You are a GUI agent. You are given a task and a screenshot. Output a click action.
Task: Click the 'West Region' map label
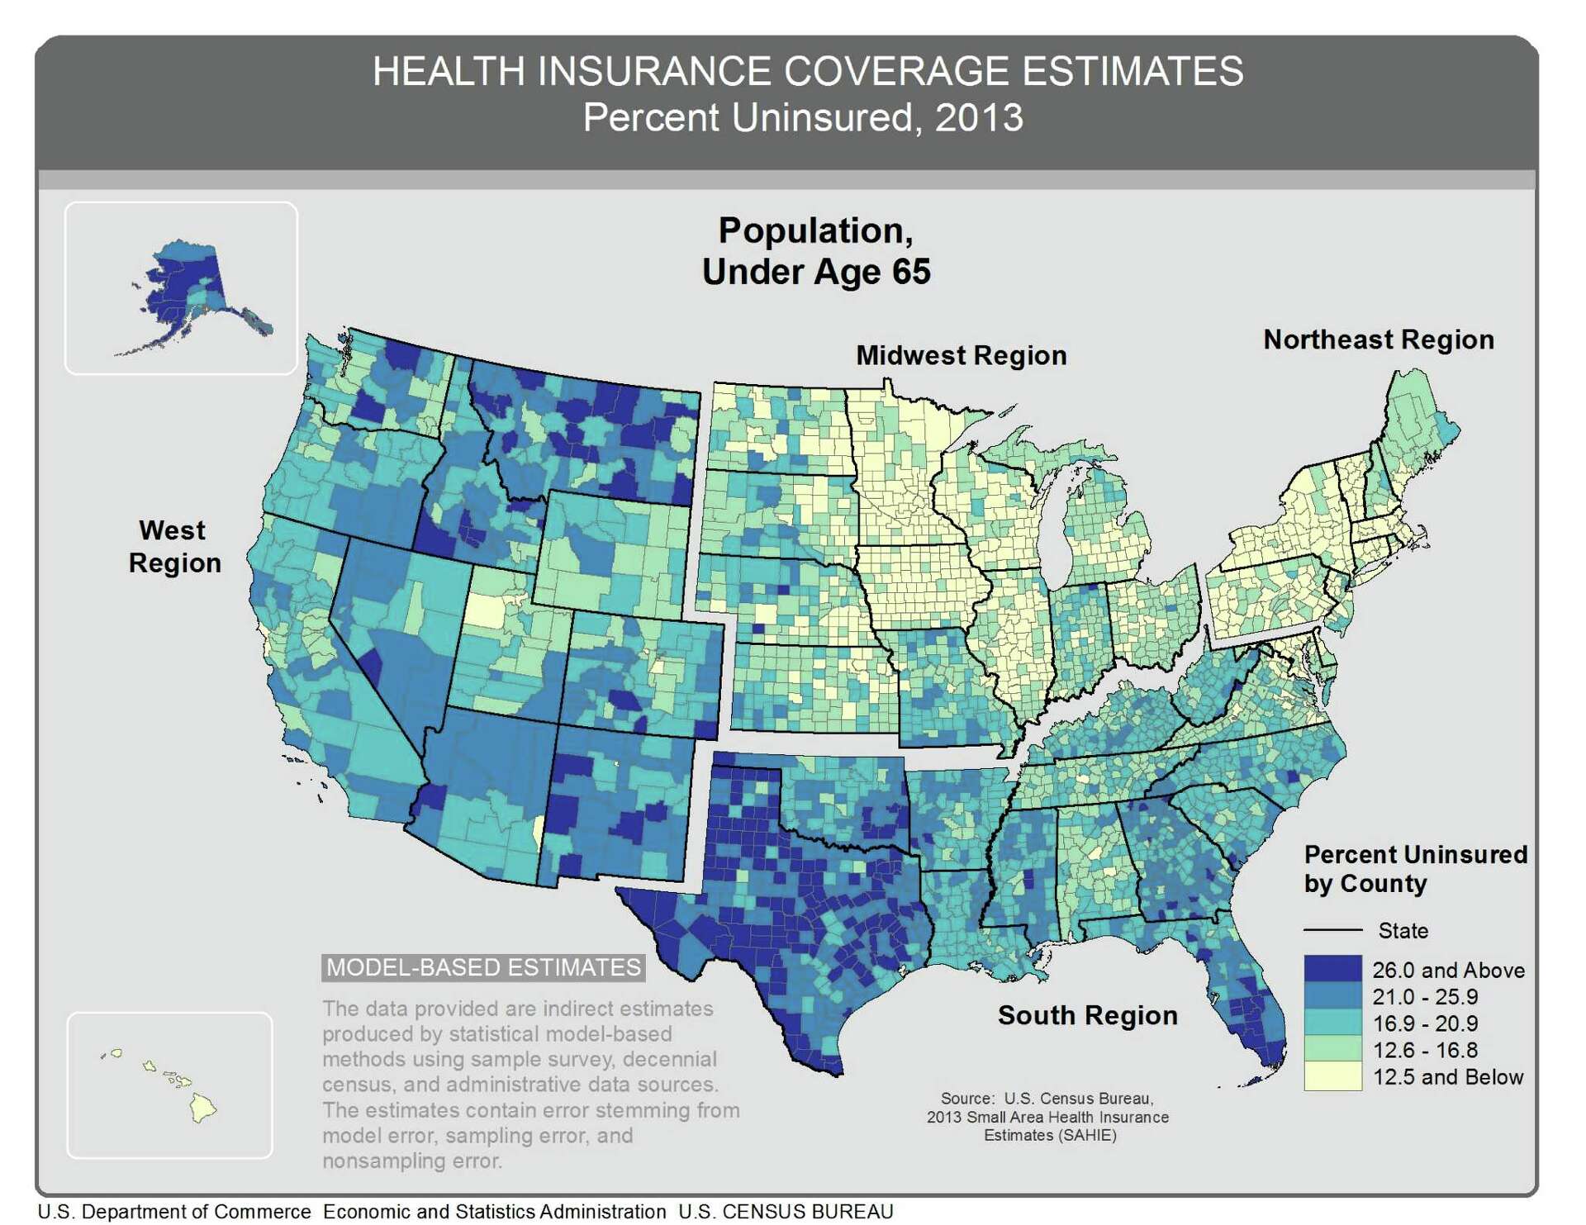(x=174, y=546)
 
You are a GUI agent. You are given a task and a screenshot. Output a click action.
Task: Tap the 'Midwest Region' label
(x=961, y=355)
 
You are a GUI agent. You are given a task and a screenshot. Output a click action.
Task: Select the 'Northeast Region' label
(x=1378, y=339)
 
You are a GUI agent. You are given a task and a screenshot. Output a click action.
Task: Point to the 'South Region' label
(x=1087, y=1015)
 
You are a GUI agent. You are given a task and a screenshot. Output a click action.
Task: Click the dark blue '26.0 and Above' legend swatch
(x=1332, y=969)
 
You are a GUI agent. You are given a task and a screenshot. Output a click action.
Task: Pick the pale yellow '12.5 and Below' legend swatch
(x=1332, y=1076)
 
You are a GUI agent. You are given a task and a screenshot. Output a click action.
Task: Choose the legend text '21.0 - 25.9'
(x=1424, y=996)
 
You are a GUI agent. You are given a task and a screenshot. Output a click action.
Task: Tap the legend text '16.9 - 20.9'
(x=1424, y=1023)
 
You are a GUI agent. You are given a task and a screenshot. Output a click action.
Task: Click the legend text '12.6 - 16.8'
(x=1424, y=1050)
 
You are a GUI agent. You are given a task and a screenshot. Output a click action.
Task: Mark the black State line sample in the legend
(x=1332, y=930)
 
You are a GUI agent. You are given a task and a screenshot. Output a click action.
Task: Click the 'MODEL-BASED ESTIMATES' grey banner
(x=483, y=967)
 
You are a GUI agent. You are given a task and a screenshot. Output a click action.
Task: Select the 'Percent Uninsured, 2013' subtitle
(x=802, y=117)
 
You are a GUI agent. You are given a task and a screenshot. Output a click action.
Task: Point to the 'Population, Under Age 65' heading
(x=815, y=250)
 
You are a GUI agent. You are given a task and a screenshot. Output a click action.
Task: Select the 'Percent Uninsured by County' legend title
(x=1414, y=868)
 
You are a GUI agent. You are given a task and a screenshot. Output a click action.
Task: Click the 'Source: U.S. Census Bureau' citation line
(x=1047, y=1099)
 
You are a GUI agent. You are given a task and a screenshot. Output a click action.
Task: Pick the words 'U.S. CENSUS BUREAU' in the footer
(x=786, y=1212)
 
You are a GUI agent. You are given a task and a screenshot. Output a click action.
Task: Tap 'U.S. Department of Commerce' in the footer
(x=174, y=1212)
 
